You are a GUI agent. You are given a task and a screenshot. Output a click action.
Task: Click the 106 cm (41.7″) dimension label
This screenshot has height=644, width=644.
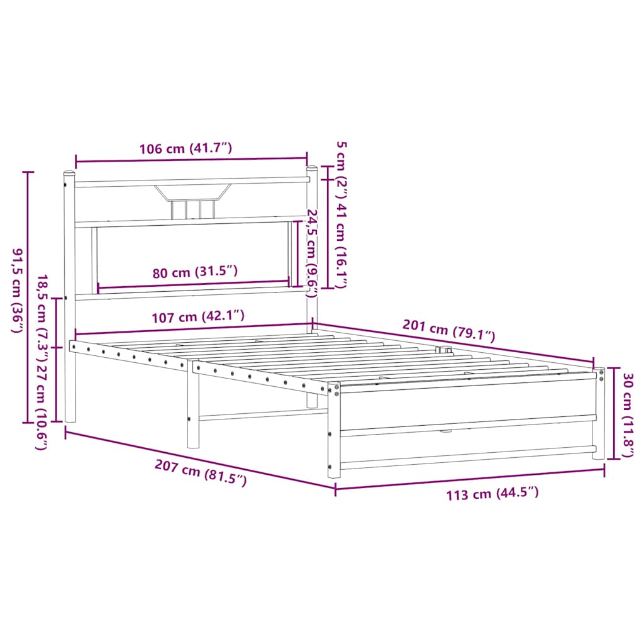(x=186, y=148)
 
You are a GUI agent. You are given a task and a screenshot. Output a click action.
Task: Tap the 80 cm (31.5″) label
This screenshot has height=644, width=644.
(x=195, y=272)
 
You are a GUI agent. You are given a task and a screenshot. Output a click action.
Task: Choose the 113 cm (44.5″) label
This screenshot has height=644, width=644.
(x=492, y=494)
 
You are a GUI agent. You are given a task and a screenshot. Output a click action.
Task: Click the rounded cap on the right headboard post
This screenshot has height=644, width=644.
(x=311, y=168)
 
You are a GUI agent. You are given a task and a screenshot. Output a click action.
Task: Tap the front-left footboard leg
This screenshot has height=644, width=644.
(x=334, y=434)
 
